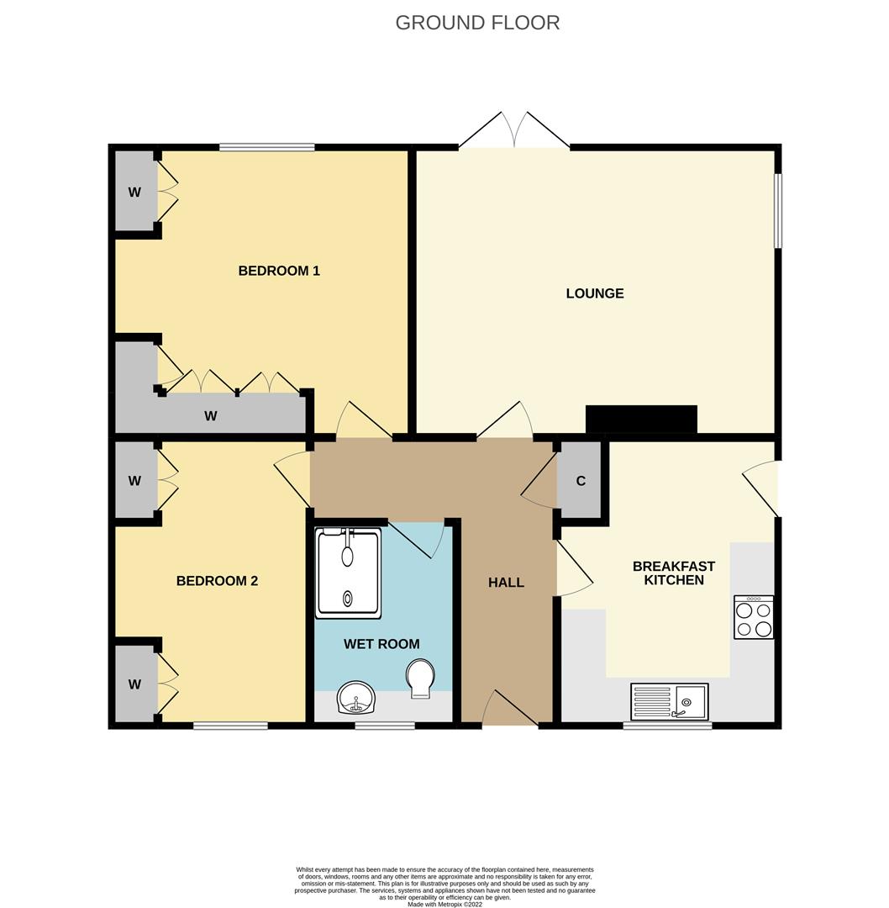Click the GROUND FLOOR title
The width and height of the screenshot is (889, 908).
tap(477, 23)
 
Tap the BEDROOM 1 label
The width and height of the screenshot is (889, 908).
tap(279, 271)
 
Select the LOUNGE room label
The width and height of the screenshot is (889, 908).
tap(595, 293)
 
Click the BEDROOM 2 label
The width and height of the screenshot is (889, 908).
tap(217, 581)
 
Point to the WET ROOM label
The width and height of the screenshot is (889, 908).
tap(381, 644)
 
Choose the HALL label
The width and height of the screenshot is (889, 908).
tap(506, 582)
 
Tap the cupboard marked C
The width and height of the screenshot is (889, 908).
tap(580, 481)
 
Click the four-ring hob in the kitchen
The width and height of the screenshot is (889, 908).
tap(754, 618)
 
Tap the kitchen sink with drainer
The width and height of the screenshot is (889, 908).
tap(669, 701)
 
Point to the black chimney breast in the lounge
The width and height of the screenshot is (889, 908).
tap(641, 419)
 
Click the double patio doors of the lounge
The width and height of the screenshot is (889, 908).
tap(514, 133)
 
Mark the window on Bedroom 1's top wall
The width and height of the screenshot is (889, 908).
tap(267, 147)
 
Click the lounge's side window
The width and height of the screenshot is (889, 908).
tap(778, 210)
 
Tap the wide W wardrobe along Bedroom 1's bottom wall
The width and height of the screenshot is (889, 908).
tap(212, 414)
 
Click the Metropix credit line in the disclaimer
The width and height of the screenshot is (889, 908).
tap(444, 904)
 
